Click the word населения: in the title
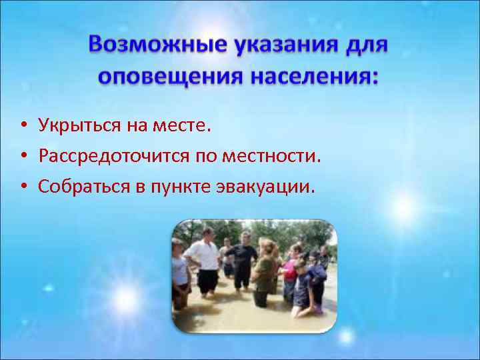[x=314, y=77]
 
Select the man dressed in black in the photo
[x=243, y=260]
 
